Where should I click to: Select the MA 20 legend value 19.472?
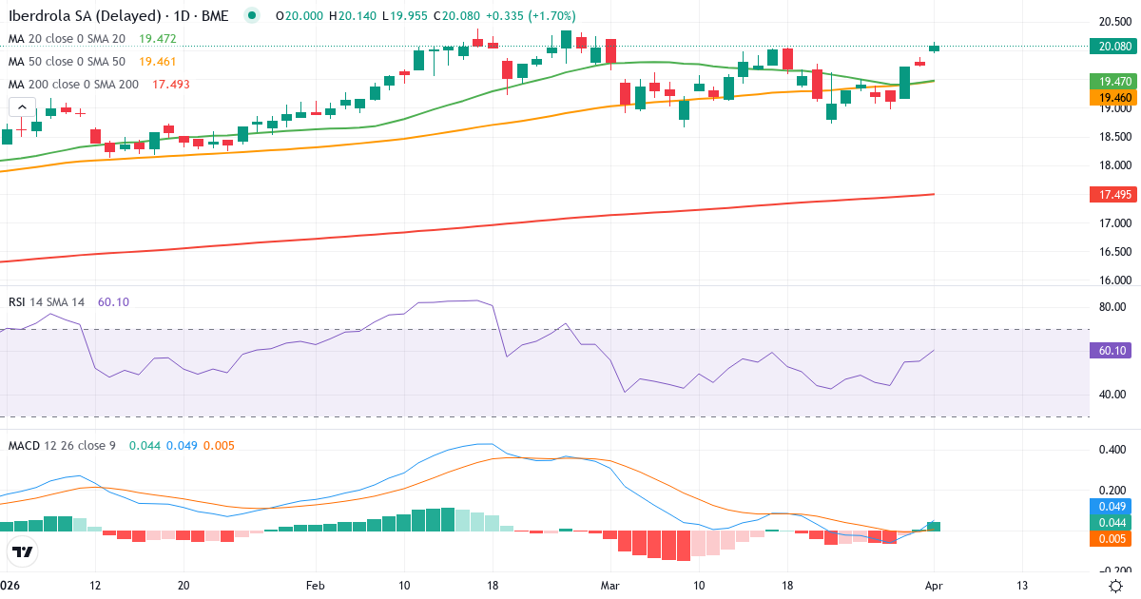(158, 39)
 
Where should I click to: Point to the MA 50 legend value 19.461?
(158, 62)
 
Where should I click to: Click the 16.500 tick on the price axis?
(1113, 252)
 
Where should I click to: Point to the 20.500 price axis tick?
(1113, 22)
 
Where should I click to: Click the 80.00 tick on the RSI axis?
(1113, 307)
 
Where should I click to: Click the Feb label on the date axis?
(316, 586)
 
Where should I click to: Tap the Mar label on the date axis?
(609, 586)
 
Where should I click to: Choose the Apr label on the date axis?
(935, 586)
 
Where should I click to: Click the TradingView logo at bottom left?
(23, 551)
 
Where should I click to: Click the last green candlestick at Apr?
(935, 48)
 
